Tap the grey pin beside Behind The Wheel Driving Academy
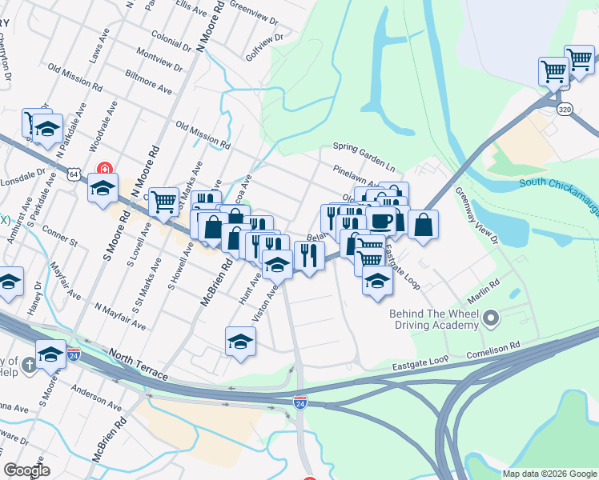pos(492,320)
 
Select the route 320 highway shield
pos(565,110)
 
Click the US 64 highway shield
pos(74,173)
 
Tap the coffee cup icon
pos(382,220)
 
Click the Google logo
pos(26,471)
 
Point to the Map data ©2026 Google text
pos(549,474)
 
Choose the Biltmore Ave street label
pos(149,82)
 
